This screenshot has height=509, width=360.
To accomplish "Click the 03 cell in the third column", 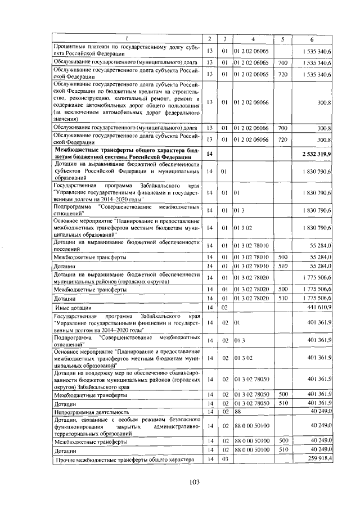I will tap(224, 460).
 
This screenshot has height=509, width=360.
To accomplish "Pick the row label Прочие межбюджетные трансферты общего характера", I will tap(124, 460).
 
